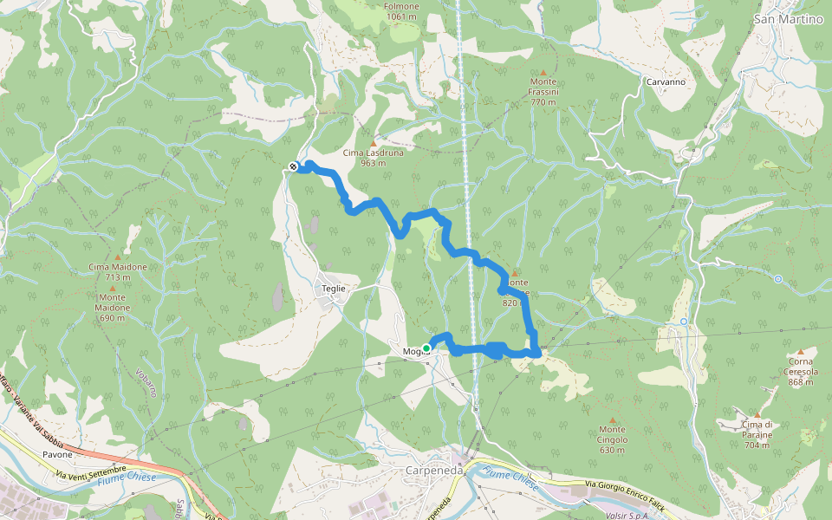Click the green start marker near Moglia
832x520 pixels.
coord(426,348)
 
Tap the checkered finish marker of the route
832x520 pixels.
coord(294,166)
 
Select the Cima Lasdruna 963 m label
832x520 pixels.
coord(373,157)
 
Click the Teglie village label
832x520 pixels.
coord(334,288)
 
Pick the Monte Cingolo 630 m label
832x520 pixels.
coord(612,439)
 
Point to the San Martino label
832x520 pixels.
coord(788,19)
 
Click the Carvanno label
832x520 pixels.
coord(666,81)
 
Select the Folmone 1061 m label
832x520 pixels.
coord(402,11)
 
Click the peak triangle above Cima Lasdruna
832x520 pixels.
coord(374,143)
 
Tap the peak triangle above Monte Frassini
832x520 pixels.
coord(543,73)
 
